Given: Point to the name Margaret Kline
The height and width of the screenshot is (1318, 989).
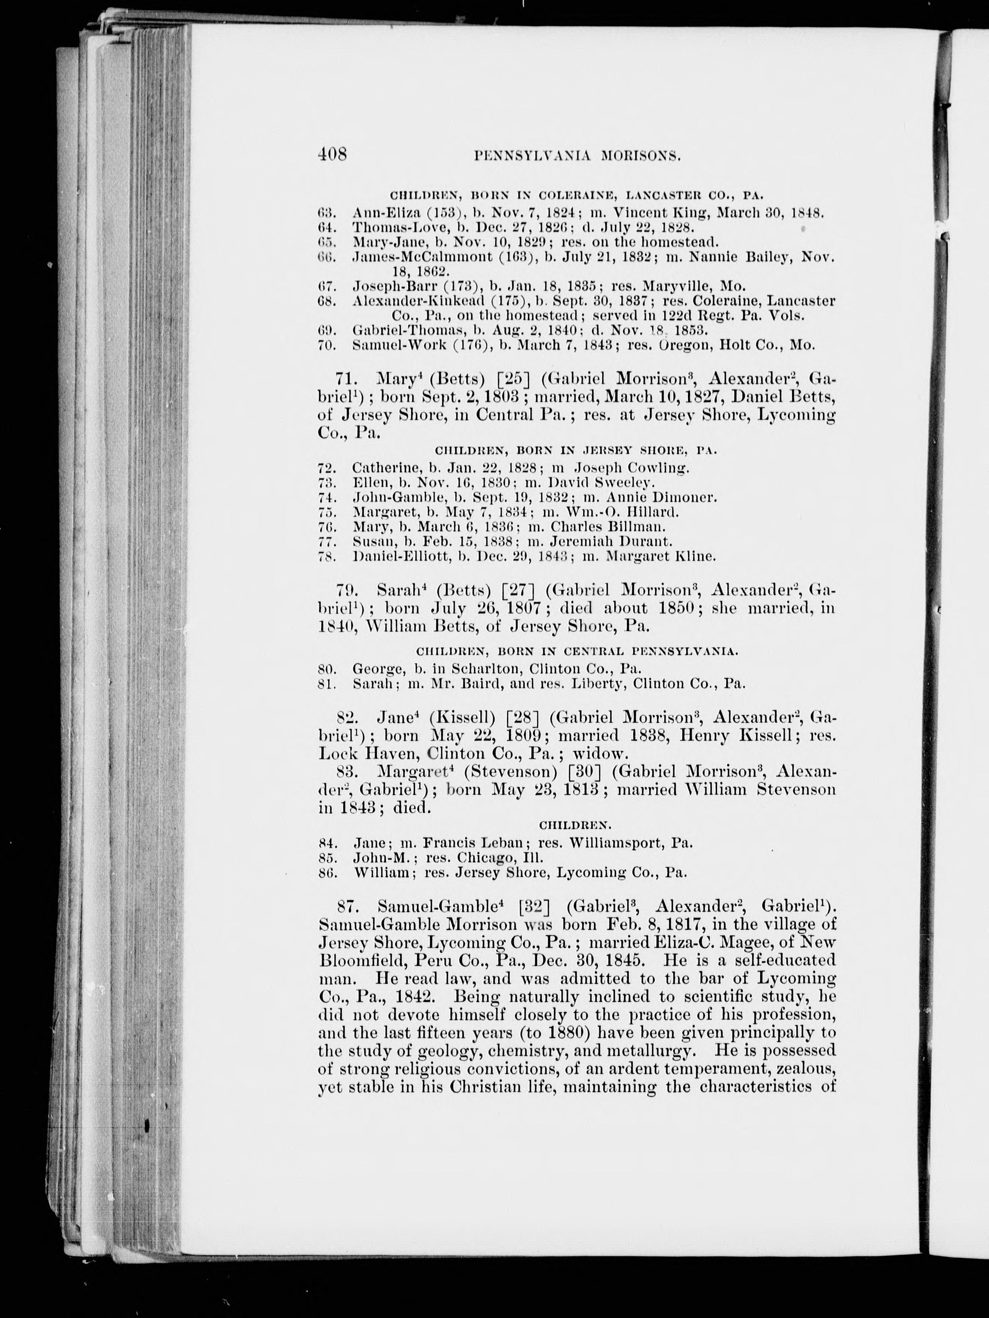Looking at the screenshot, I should [x=661, y=556].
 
